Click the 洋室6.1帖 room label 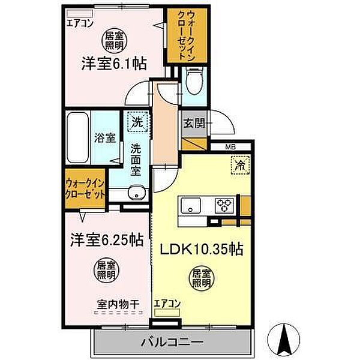114,64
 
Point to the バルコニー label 172,343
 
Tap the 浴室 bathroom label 104,137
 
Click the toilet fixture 194,81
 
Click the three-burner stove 225,205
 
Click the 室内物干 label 118,304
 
